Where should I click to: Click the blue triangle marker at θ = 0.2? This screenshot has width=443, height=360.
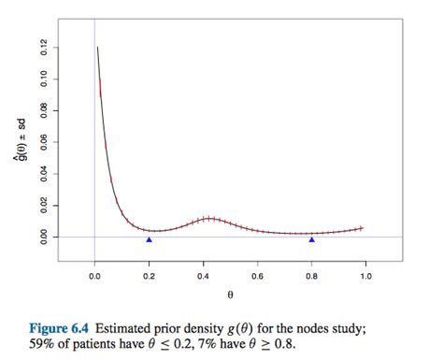point(149,240)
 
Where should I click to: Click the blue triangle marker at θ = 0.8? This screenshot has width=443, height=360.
point(312,240)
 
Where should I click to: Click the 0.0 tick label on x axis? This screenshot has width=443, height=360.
point(94,276)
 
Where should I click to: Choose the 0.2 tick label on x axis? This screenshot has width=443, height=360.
point(149,276)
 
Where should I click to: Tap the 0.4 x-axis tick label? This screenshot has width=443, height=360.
point(204,276)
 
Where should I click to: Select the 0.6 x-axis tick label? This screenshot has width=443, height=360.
point(258,276)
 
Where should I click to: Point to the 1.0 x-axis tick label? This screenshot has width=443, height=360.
point(366,276)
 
